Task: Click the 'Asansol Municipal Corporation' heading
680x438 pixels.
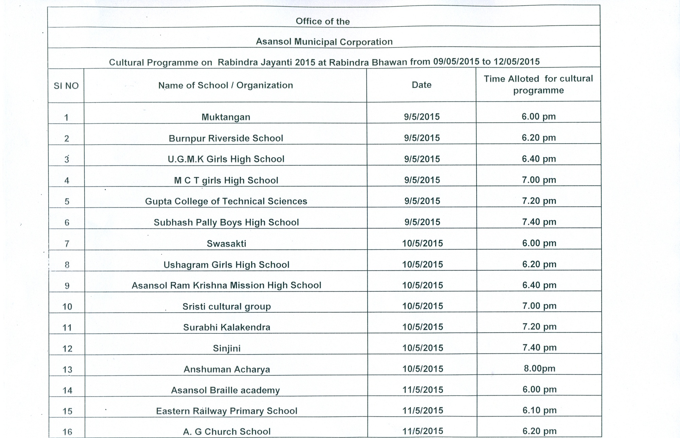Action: [324, 42]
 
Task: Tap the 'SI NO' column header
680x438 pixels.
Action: [66, 86]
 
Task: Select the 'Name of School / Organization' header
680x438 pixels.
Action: [225, 85]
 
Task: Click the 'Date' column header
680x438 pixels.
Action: [422, 85]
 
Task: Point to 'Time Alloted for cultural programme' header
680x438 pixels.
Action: [538, 85]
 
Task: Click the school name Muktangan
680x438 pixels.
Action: [226, 117]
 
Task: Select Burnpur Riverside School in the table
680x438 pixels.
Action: [226, 138]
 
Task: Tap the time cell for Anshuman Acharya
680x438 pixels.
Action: [539, 368]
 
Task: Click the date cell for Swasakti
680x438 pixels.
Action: [422, 243]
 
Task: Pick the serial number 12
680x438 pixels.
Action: [67, 349]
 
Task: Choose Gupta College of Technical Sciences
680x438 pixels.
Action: [226, 201]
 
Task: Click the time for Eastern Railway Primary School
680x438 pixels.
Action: [539, 410]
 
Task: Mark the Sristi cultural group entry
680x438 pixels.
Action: [226, 307]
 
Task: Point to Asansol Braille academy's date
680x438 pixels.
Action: [423, 389]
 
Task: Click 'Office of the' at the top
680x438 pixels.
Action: [323, 21]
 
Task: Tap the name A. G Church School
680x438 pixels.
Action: [227, 432]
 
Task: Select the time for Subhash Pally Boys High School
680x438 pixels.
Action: [539, 222]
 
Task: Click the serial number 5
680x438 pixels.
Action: [67, 202]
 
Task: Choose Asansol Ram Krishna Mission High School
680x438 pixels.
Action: [226, 285]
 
